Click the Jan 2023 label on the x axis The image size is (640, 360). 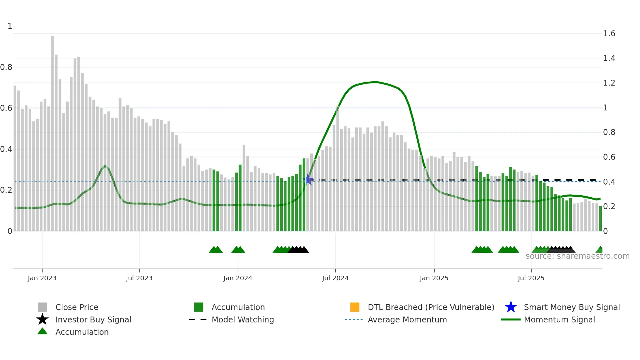pos(42,278)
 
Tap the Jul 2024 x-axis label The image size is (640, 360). pos(335,278)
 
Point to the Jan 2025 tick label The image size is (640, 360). pos(434,278)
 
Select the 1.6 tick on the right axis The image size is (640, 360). pos(609,34)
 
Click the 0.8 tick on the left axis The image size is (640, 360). pos(6,67)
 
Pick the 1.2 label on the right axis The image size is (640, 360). pos(609,83)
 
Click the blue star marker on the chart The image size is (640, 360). pos(308,180)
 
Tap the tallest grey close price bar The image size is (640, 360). pos(53,131)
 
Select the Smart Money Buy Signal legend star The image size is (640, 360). pos(511,307)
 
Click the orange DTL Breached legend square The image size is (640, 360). pos(355,307)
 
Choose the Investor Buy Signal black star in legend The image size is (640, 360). pos(42,319)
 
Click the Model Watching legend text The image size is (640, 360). pos(243,319)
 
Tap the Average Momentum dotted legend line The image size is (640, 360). pos(354,319)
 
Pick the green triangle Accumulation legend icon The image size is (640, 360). pos(42,331)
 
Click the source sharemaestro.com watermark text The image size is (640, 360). pos(577,256)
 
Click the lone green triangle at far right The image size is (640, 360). pos(600,250)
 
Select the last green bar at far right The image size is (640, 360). pos(600,218)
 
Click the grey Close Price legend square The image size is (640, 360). pos(42,307)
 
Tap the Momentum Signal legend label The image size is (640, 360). pos(559,319)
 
